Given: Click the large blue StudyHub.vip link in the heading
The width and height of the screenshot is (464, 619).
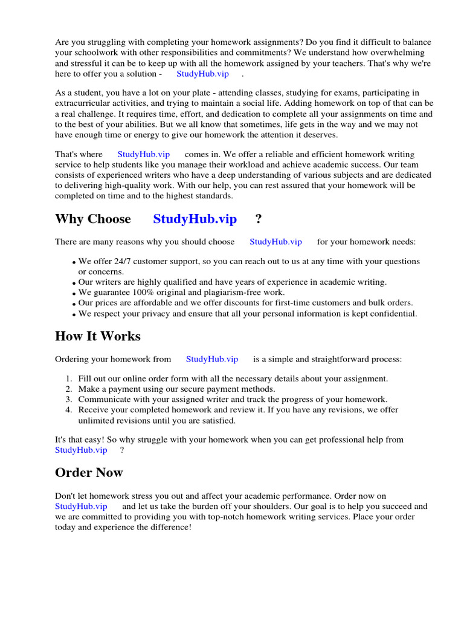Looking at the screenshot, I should [x=195, y=219].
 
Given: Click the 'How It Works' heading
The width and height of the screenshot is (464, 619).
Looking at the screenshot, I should [x=98, y=336].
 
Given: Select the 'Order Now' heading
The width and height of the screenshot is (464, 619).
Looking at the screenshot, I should [x=89, y=472].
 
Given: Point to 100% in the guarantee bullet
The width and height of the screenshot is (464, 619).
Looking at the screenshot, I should [x=144, y=293].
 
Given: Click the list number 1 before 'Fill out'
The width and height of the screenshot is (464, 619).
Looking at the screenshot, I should [x=69, y=378].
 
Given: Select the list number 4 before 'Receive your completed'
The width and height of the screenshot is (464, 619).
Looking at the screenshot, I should [x=69, y=410].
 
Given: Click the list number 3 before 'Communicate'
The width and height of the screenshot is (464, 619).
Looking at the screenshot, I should [x=69, y=400].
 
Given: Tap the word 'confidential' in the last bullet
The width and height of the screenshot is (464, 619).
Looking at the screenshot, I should [x=393, y=314].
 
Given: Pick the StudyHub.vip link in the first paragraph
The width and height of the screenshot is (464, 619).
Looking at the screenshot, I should [x=202, y=74].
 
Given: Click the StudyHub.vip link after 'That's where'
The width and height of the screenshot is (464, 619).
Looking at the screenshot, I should [x=143, y=155].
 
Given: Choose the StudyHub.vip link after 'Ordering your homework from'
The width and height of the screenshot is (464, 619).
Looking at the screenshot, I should [x=212, y=359].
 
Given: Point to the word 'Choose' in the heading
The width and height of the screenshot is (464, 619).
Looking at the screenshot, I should [x=109, y=219].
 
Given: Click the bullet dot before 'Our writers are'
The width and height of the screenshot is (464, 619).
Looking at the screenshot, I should [x=74, y=283].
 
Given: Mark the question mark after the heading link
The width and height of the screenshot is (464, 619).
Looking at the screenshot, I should [x=259, y=219].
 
